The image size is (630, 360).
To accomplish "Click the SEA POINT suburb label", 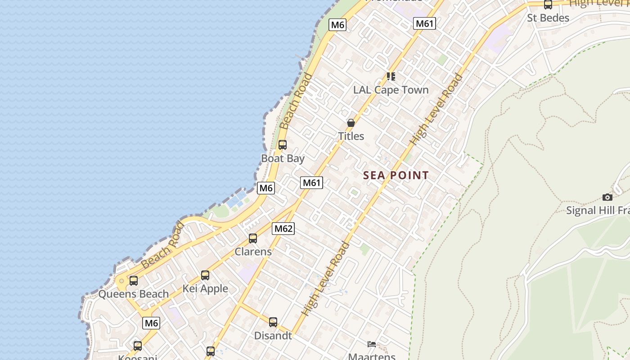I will pyautogui.click(x=396, y=175).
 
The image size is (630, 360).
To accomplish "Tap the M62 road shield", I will pyautogui.click(x=283, y=229).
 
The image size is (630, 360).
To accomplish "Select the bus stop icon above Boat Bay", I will pyautogui.click(x=283, y=145).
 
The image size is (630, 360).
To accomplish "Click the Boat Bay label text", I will pyautogui.click(x=283, y=158).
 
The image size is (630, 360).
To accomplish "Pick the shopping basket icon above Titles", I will pyautogui.click(x=351, y=122).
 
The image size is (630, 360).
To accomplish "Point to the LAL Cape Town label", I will pyautogui.click(x=391, y=90).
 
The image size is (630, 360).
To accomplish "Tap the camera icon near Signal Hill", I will pyautogui.click(x=607, y=197).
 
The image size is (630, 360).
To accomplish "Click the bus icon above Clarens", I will pyautogui.click(x=253, y=238).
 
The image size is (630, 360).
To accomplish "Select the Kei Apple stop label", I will pyautogui.click(x=205, y=288).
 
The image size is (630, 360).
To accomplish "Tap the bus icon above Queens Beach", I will pyautogui.click(x=134, y=281).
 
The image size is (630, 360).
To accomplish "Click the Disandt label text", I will pyautogui.click(x=273, y=336).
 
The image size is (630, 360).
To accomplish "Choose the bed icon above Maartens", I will pyautogui.click(x=372, y=344).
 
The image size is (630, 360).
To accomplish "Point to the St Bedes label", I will pyautogui.click(x=548, y=18).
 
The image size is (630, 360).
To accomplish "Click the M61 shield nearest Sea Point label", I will pyautogui.click(x=312, y=183).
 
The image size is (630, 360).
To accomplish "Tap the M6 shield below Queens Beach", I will pyautogui.click(x=151, y=323).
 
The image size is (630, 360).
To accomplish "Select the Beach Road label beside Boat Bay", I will pyautogui.click(x=296, y=102).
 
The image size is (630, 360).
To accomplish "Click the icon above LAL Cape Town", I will pyautogui.click(x=391, y=76).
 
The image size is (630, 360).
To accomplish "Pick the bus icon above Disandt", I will pyautogui.click(x=273, y=322).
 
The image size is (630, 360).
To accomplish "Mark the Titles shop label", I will pyautogui.click(x=351, y=136).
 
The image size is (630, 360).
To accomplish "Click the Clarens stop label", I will pyautogui.click(x=253, y=252).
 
